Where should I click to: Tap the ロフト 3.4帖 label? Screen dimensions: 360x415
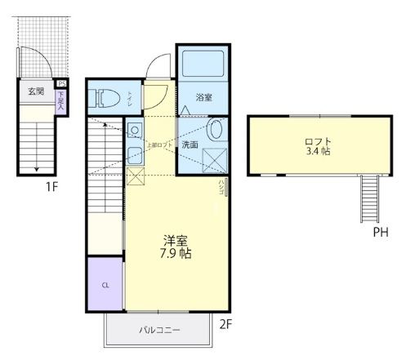pos(318,145)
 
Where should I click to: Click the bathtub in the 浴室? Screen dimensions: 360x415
pos(202,67)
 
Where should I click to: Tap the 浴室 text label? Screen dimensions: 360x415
pos(203,97)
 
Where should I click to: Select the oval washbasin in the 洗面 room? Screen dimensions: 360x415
pos(216,129)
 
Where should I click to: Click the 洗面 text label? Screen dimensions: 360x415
pos(190,144)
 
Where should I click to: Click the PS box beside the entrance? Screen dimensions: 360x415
pos(61,83)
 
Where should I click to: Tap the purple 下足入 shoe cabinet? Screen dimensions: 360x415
pos(61,100)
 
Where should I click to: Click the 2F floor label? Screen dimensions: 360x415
pos(225,323)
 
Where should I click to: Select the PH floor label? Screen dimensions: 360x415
pos(381,233)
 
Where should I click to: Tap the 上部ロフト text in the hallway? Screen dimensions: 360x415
pos(159,144)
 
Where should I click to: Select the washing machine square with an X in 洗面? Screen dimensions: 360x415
pos(216,158)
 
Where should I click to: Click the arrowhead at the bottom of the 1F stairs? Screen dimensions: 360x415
pos(37,170)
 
